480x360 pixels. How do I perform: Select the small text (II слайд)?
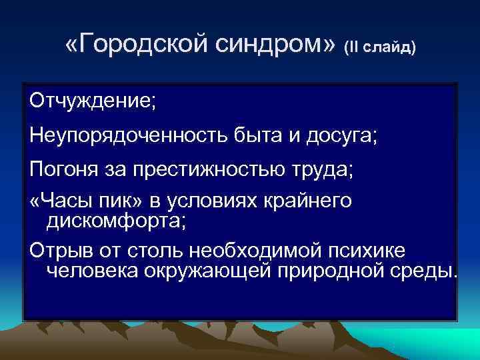pos(379,48)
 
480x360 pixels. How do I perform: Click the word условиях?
pos(225,202)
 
